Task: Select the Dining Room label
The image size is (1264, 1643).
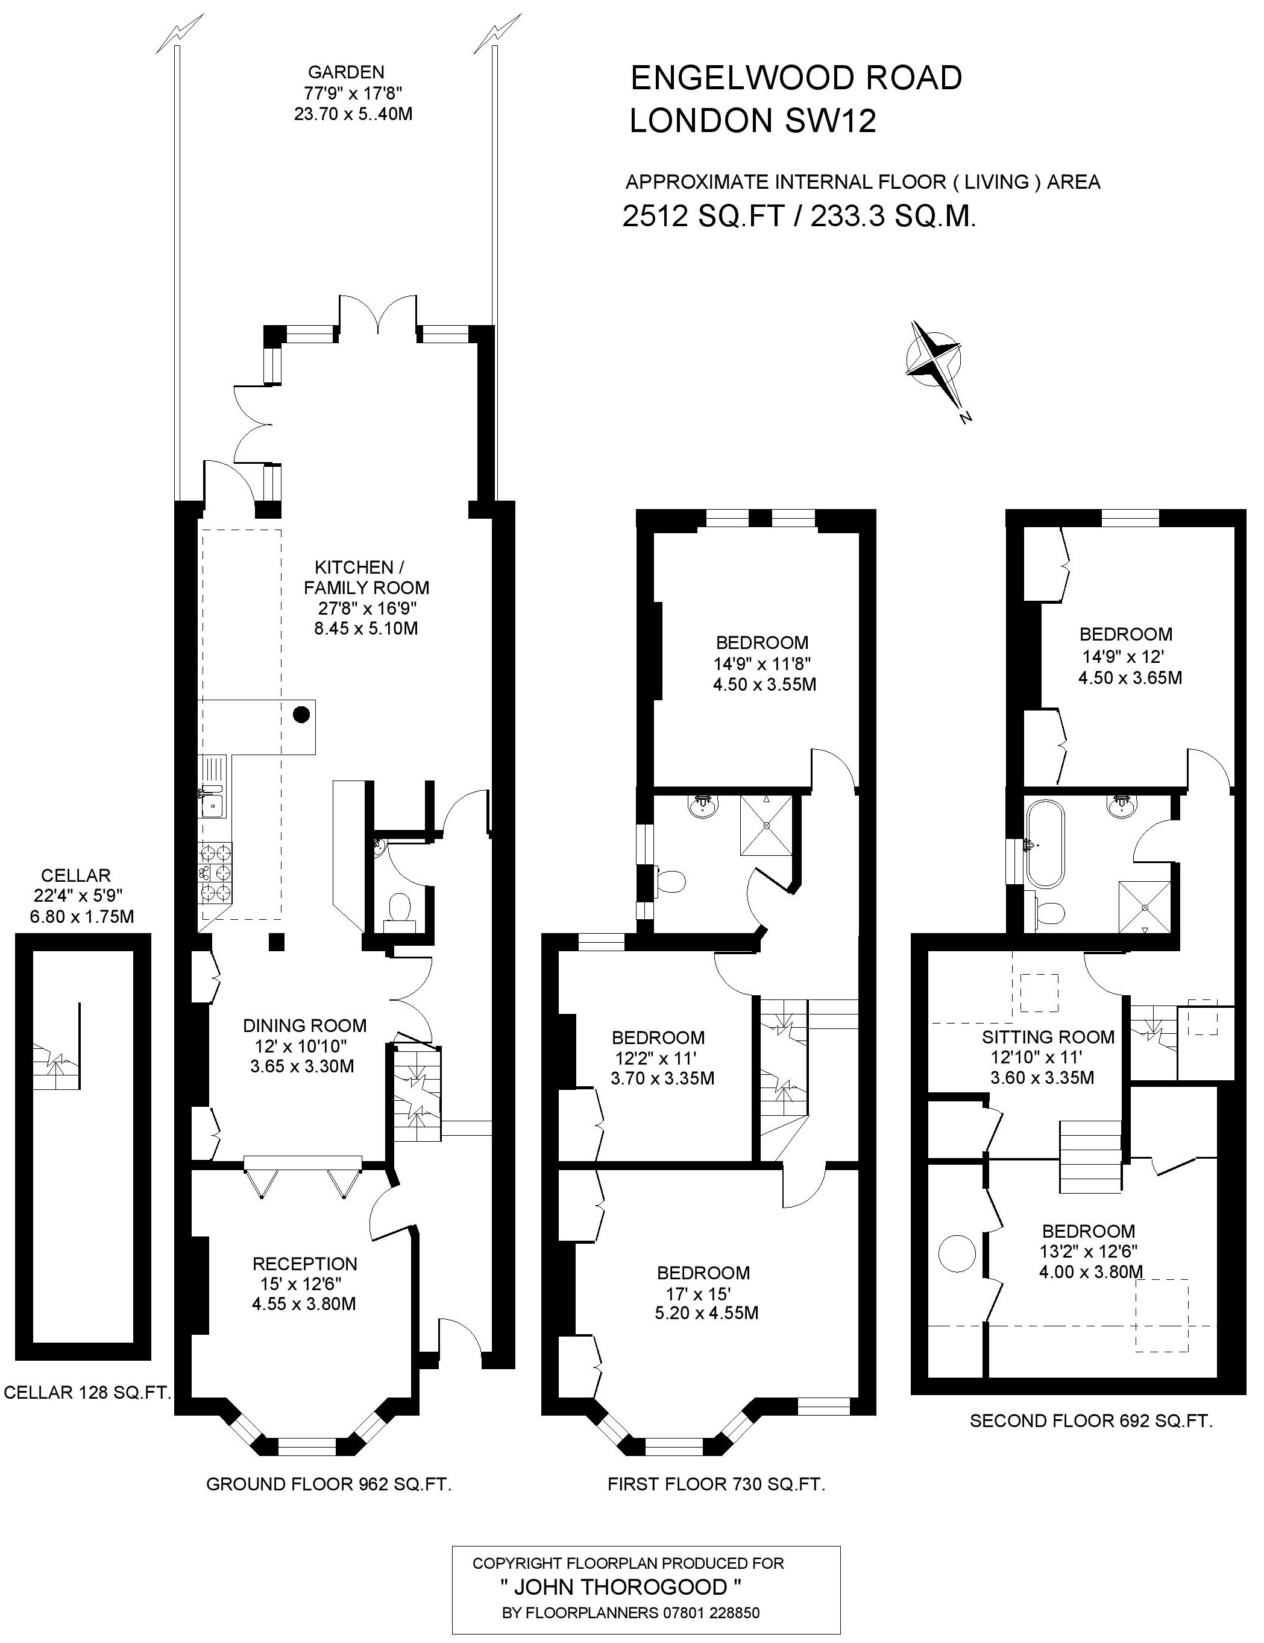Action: coord(304,1025)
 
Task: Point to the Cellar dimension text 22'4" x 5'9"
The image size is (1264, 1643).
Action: coord(77,895)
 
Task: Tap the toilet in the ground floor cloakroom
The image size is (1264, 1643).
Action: coord(398,910)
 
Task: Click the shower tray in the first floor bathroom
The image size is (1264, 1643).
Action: coord(766,825)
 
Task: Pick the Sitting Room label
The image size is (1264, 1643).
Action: coord(1048,1037)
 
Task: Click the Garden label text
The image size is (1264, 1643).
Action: coord(346,72)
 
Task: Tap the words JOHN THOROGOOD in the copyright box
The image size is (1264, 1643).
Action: coord(621,1588)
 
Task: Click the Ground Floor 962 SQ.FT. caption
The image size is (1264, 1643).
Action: coord(329,1484)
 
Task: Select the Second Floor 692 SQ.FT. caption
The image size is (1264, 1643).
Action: coord(1091,1421)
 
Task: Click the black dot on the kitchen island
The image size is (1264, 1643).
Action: coord(301,714)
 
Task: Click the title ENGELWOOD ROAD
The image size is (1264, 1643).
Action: coord(796,78)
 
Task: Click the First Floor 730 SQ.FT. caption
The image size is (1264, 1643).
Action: coord(717,1484)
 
